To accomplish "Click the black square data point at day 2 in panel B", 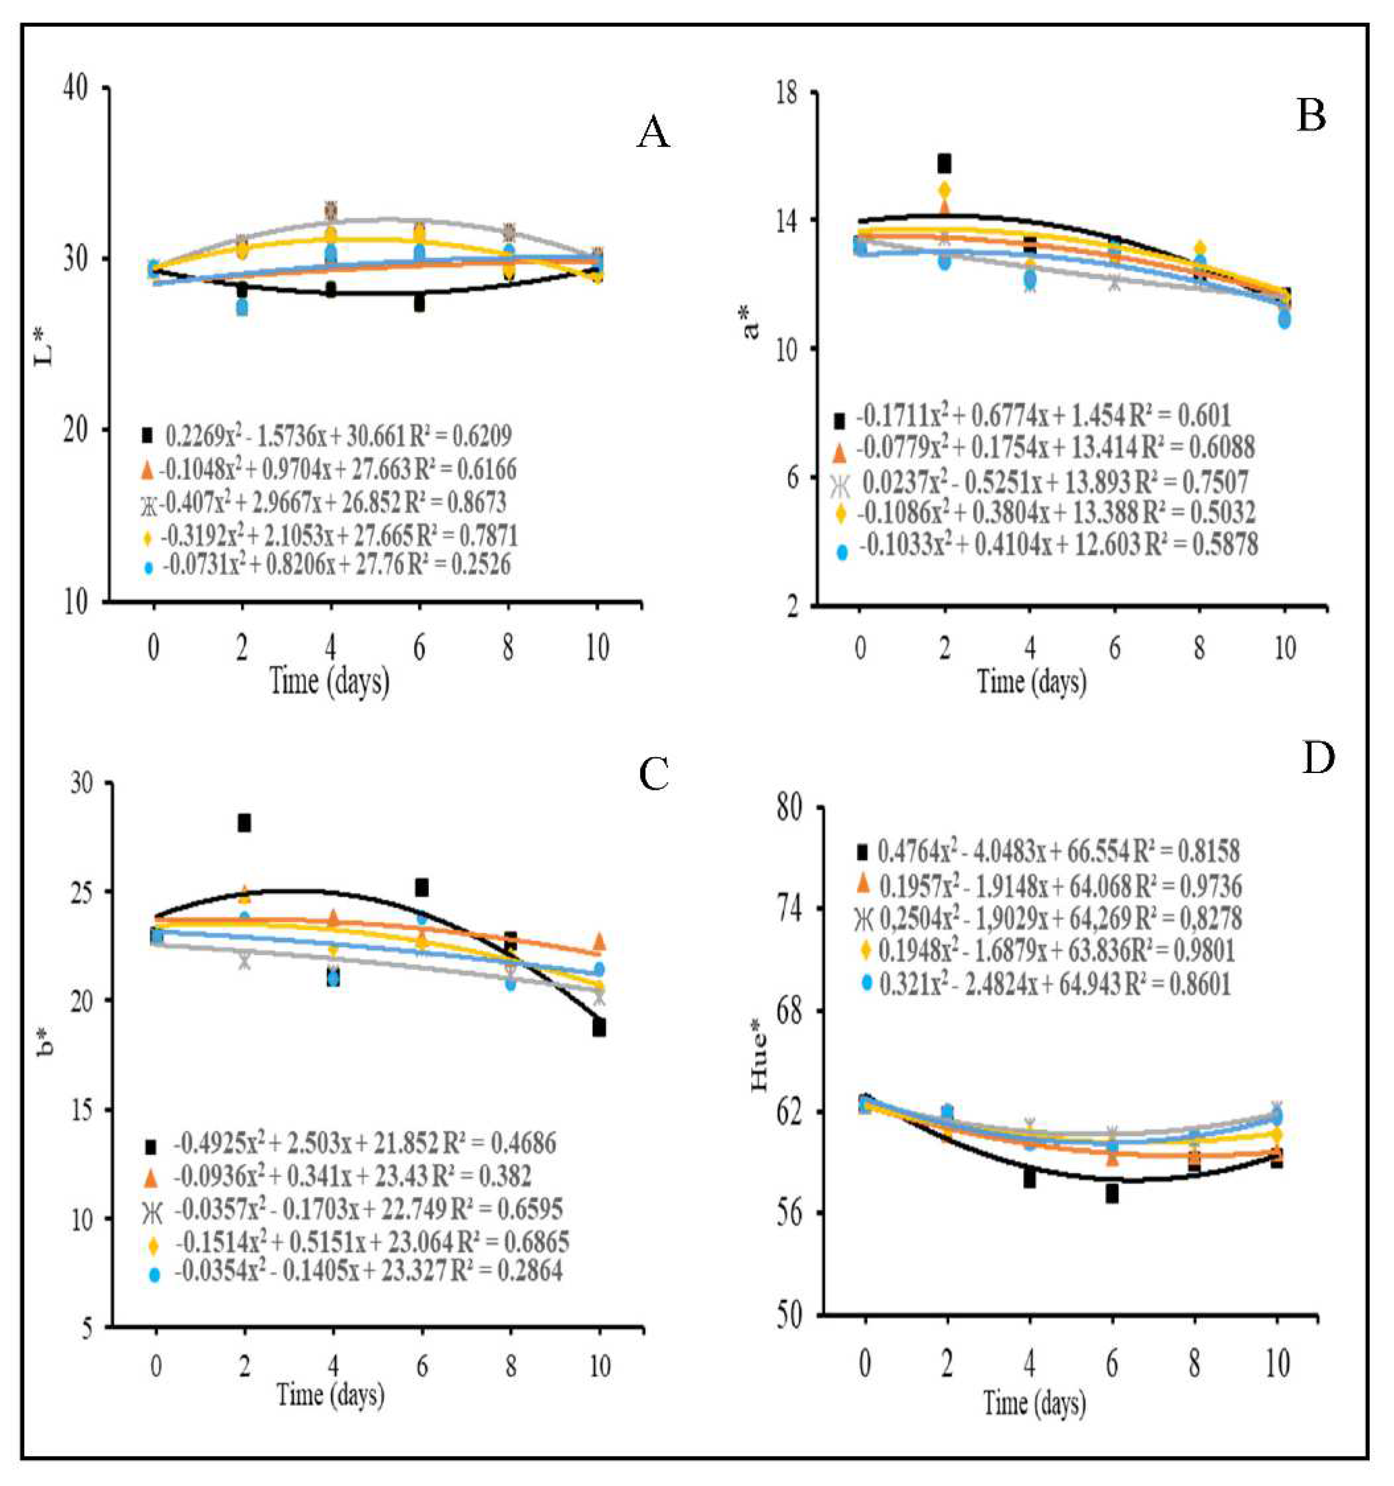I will click(945, 162).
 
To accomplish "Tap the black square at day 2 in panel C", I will click(244, 823).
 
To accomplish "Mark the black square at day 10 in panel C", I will click(599, 1028).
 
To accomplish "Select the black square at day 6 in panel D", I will click(1112, 1194).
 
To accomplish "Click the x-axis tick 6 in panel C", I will click(421, 1366).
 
